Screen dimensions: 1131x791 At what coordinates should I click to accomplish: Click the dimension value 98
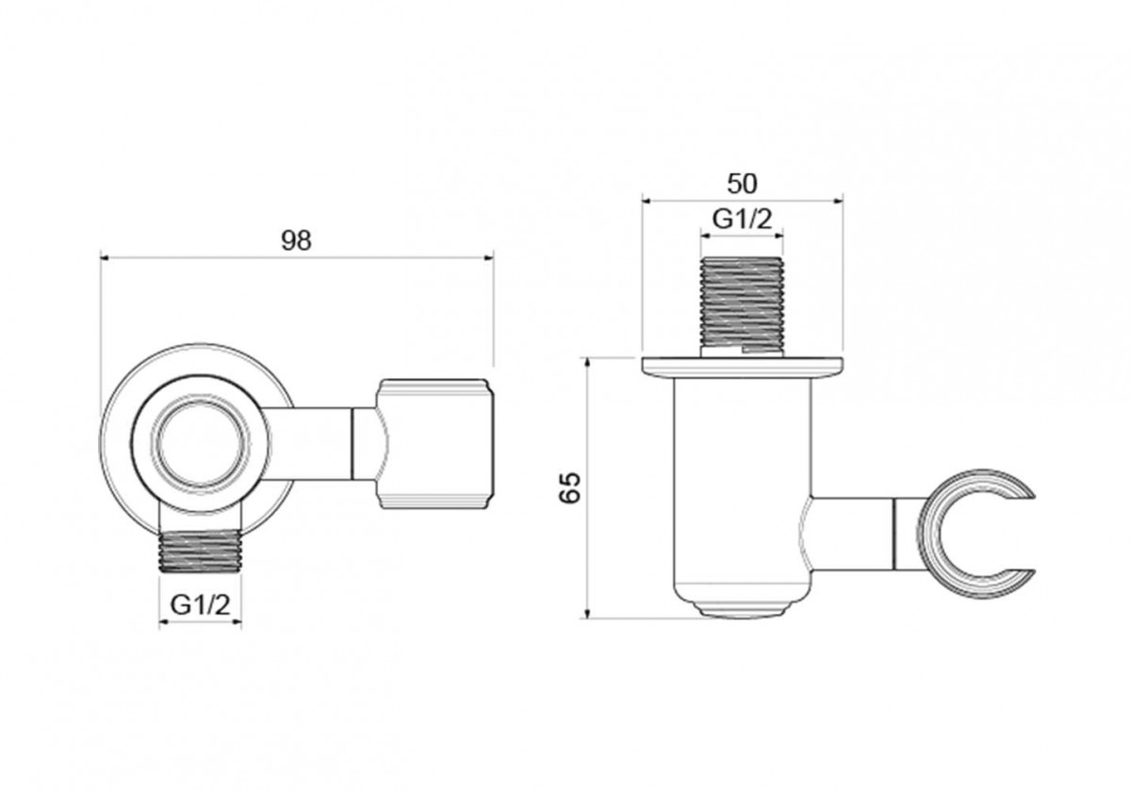pos(296,240)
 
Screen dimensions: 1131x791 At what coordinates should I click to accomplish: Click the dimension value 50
pos(743,184)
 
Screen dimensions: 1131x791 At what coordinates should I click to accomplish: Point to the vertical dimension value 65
pos(570,488)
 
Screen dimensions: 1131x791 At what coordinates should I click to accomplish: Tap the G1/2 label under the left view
pos(200,603)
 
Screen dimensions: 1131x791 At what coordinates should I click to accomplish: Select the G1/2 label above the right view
pos(743,219)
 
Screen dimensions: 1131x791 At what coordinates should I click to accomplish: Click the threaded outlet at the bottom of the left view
pos(200,552)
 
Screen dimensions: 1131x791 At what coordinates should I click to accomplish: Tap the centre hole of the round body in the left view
pos(201,443)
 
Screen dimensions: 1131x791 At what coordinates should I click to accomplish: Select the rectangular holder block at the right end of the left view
pos(434,443)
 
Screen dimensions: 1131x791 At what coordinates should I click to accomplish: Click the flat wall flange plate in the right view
pos(743,368)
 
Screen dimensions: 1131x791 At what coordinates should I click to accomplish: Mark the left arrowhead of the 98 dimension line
pos(105,258)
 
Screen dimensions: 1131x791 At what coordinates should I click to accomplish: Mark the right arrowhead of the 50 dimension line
pos(839,201)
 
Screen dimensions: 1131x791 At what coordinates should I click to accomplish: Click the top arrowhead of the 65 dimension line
pos(586,362)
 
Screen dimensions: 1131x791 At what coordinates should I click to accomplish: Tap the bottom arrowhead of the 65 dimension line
pos(586,613)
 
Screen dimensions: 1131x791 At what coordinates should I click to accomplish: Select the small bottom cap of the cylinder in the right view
pos(742,610)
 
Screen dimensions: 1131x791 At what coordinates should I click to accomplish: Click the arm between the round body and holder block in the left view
pos(307,443)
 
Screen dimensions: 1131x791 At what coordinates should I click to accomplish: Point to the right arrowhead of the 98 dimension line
pos(489,258)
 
